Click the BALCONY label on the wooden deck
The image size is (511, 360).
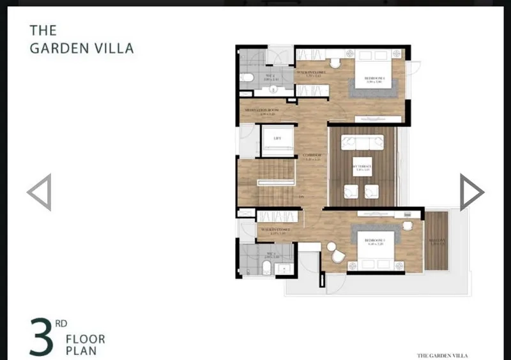(x=437, y=241)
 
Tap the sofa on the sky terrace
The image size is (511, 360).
(x=362, y=142)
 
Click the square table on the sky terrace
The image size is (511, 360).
(x=362, y=168)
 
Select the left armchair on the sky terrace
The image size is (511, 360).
(x=351, y=191)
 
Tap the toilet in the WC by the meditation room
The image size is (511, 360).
(x=247, y=79)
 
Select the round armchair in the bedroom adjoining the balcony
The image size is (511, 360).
(x=337, y=255)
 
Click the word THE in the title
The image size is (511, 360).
(x=43, y=30)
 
